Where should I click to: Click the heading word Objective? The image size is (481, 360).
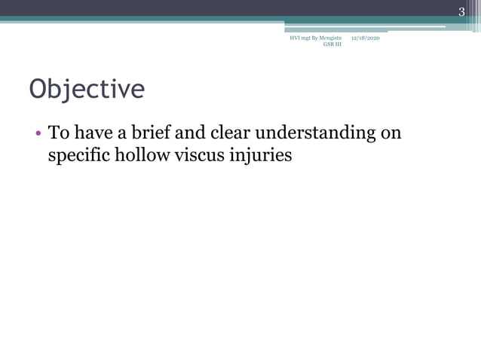[87, 90]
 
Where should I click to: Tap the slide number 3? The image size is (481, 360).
[461, 11]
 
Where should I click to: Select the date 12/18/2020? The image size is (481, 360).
[365, 38]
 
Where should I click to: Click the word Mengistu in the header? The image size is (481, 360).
[329, 38]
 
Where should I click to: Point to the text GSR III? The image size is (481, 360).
[332, 44]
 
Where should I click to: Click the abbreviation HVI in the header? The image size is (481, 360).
[295, 38]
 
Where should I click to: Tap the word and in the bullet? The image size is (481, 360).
[188, 134]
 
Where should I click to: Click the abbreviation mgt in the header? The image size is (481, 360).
[308, 38]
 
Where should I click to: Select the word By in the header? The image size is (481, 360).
[317, 38]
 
